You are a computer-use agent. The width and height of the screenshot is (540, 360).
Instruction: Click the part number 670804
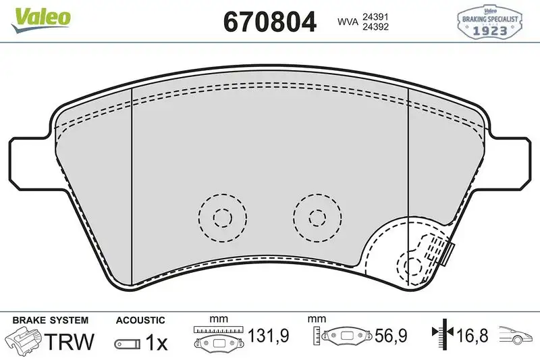coord(269,23)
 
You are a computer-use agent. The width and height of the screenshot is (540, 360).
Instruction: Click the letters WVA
coord(348,22)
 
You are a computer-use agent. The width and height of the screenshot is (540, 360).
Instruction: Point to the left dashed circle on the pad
coord(221,217)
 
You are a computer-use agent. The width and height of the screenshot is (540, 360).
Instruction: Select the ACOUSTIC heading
coord(140,319)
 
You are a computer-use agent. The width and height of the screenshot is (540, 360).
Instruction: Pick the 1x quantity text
coord(157,342)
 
